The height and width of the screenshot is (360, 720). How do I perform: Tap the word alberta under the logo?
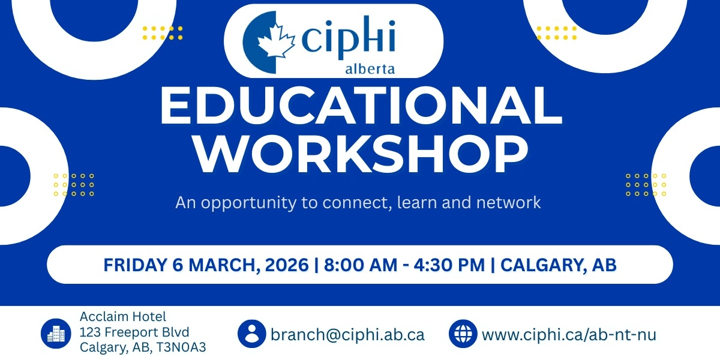point(370,70)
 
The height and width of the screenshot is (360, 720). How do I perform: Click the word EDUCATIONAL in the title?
point(360,107)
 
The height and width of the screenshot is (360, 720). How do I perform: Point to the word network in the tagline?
point(508,203)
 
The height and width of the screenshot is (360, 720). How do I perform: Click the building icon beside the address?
point(57,333)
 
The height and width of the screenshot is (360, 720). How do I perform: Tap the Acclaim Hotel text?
point(123,317)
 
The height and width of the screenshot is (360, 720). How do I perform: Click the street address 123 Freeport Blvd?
point(134,332)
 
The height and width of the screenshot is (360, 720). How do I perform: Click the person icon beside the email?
point(251,334)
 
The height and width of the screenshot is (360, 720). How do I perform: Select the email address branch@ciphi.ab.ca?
point(347,334)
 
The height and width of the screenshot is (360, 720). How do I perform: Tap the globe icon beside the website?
point(463,334)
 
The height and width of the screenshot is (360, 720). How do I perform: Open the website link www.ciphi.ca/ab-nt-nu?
point(569,334)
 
